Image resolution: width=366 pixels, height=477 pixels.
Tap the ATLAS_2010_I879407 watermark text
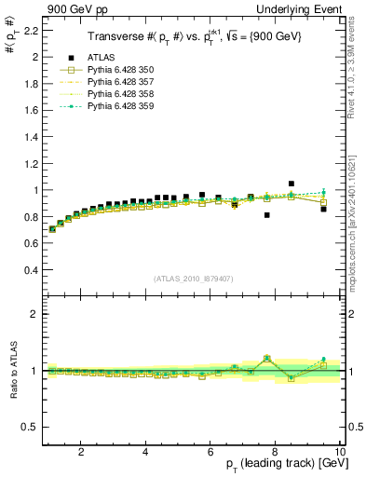(192, 278)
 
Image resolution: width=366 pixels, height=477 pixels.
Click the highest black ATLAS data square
(291, 184)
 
